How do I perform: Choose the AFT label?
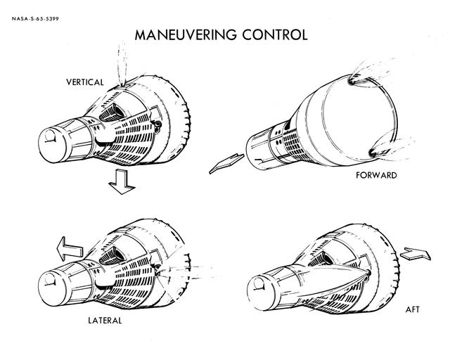(x=413, y=309)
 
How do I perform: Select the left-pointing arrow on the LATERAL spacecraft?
(x=69, y=249)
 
